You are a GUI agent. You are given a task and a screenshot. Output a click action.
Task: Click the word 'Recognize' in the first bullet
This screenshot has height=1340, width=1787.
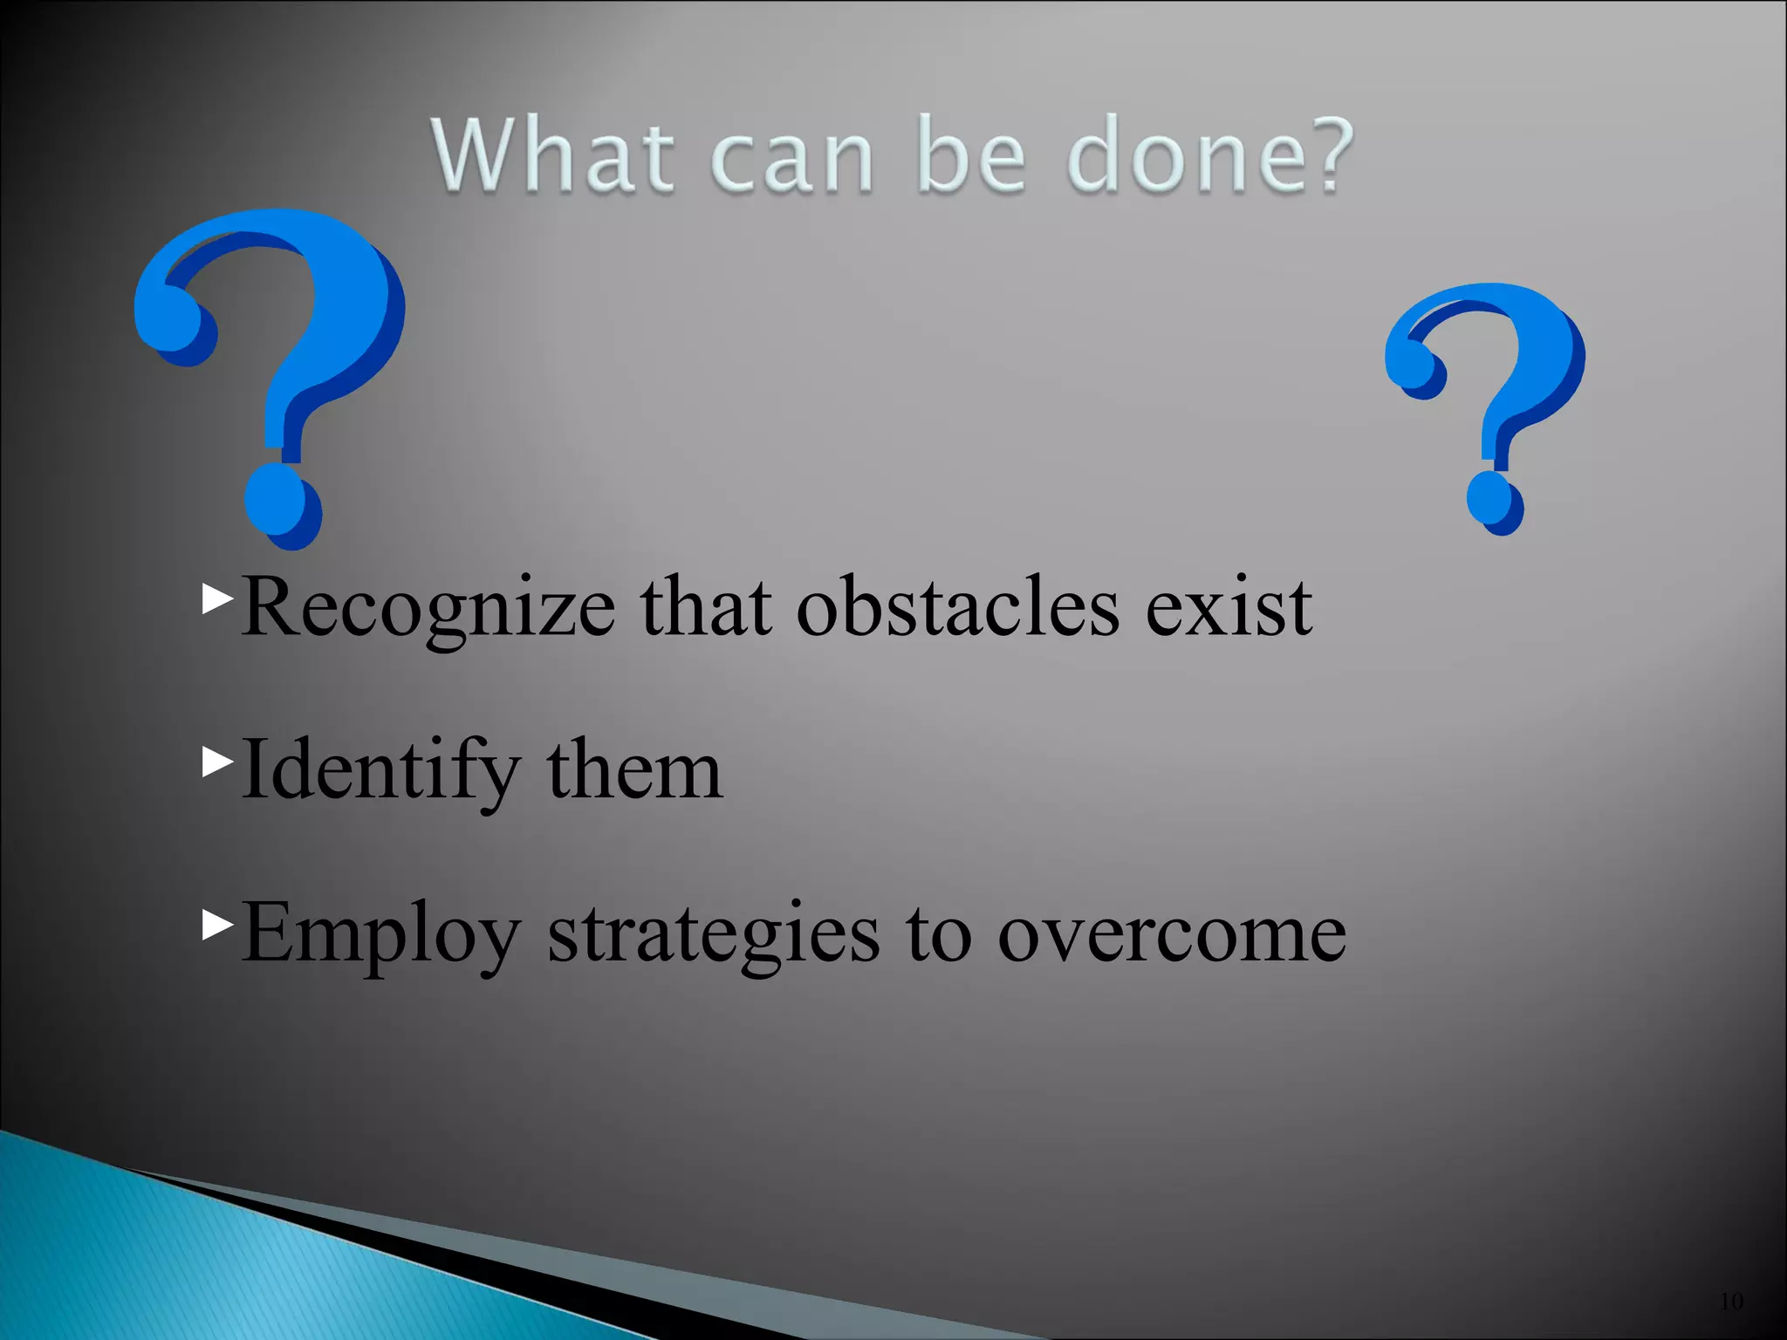coord(428,609)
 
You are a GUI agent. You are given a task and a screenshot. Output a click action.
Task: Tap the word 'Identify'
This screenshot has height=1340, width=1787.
coord(380,771)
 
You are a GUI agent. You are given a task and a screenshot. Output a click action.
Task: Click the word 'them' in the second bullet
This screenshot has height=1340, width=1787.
coord(634,769)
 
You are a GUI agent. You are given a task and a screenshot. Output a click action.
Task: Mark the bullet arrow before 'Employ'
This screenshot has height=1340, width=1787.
coord(217,925)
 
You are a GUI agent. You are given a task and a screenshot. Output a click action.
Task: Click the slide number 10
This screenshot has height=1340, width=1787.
coord(1731,1302)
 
